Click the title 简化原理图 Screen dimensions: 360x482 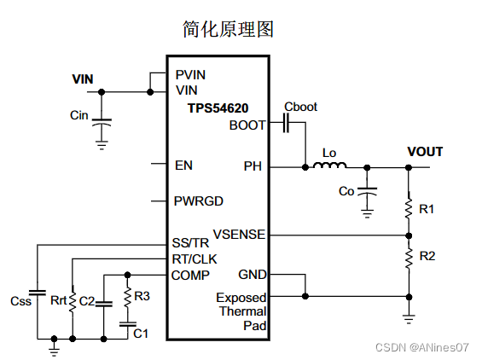(228, 29)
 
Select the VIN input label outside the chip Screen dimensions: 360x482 (83, 79)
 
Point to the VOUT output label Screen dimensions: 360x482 (425, 152)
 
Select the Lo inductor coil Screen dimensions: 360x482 (329, 166)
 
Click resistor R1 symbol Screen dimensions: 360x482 (408, 207)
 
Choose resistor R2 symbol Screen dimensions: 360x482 (408, 256)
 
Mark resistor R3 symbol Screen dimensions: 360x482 (127, 297)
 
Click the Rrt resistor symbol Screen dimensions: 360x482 (73, 300)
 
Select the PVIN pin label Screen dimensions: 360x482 (190, 75)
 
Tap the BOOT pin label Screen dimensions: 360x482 (247, 125)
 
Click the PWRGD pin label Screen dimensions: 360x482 (198, 201)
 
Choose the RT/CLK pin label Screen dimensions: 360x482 (194, 258)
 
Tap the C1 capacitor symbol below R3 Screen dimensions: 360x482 (127, 324)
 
